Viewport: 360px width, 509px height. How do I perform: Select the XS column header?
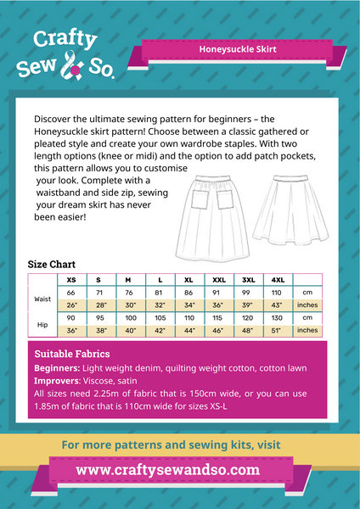click(71, 278)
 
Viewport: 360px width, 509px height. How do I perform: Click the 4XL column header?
click(278, 278)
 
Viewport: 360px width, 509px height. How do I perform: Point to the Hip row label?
click(42, 323)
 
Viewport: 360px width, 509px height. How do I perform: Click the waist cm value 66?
click(71, 291)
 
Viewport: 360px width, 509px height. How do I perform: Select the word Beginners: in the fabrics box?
click(58, 368)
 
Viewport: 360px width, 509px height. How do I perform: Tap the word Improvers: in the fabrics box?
click(57, 381)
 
